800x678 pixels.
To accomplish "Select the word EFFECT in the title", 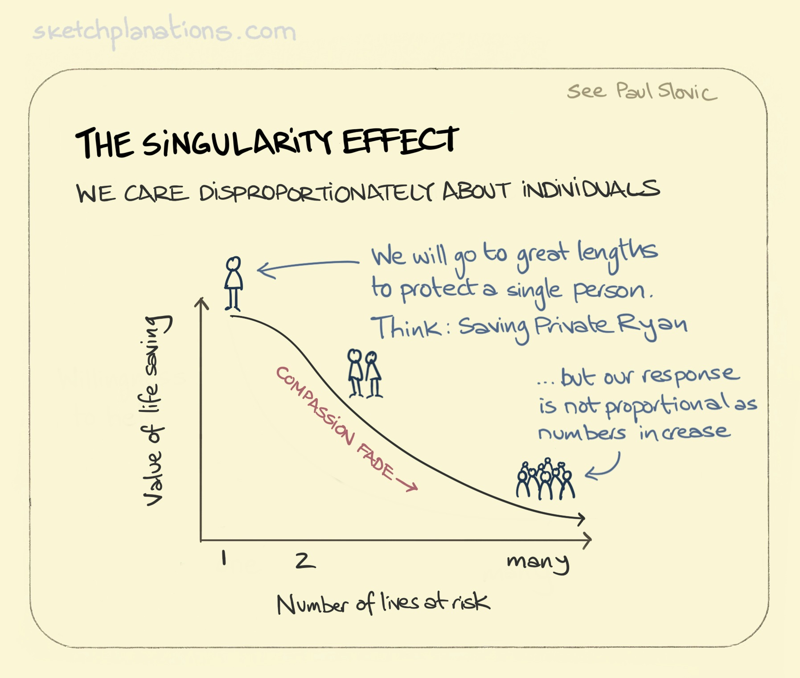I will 400,140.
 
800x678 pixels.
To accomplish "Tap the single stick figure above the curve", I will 233,283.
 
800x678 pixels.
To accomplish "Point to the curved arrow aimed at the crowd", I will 603,468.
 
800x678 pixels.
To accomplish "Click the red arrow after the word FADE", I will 406,485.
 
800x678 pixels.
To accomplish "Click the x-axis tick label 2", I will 305,560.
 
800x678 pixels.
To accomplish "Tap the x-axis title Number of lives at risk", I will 383,604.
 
